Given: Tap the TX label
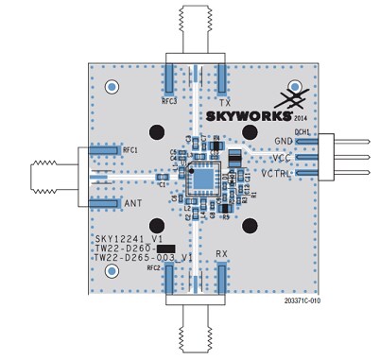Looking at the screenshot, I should (224, 101).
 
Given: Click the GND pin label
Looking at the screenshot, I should (284, 141).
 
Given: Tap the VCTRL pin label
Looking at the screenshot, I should (277, 173).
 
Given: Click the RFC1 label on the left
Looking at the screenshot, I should (130, 150).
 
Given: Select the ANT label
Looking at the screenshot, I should (133, 203).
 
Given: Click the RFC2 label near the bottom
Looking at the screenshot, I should (154, 268).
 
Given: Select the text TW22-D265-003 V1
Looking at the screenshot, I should (145, 257).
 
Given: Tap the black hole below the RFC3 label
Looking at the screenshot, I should (156, 131).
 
